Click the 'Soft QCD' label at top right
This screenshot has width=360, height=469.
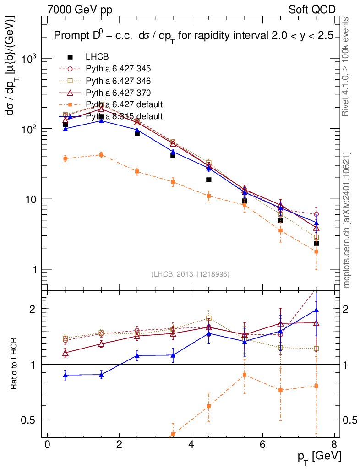312,10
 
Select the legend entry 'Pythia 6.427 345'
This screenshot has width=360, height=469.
118,69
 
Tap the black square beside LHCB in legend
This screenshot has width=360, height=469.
70,57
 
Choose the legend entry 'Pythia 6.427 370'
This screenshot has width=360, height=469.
118,93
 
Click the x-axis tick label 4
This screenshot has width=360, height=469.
191,445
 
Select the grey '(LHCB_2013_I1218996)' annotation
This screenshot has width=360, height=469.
190,274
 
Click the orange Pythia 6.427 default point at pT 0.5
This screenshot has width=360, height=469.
65,158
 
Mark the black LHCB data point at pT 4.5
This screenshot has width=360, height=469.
209,180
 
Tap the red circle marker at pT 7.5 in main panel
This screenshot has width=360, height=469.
316,214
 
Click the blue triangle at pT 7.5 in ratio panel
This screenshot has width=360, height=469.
316,310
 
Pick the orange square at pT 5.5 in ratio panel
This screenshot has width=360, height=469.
245,375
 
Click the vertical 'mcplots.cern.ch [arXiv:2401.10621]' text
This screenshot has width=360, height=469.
347,220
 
